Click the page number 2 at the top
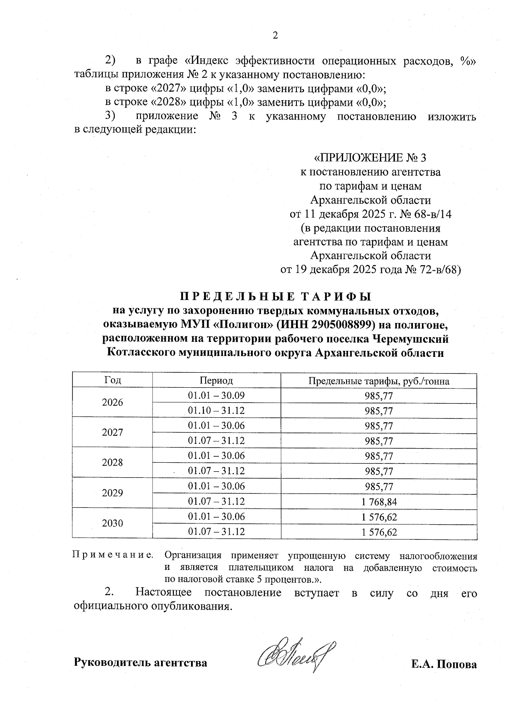click(275, 36)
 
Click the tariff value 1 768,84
click(379, 502)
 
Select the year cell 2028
click(112, 463)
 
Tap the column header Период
click(216, 380)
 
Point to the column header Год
click(112, 380)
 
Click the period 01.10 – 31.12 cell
click(216, 411)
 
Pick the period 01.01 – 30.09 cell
click(216, 395)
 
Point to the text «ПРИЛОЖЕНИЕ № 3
click(371, 158)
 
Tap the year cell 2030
click(112, 523)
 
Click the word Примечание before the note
click(113, 556)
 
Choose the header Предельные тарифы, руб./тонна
click(379, 381)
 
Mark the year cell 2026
click(112, 402)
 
